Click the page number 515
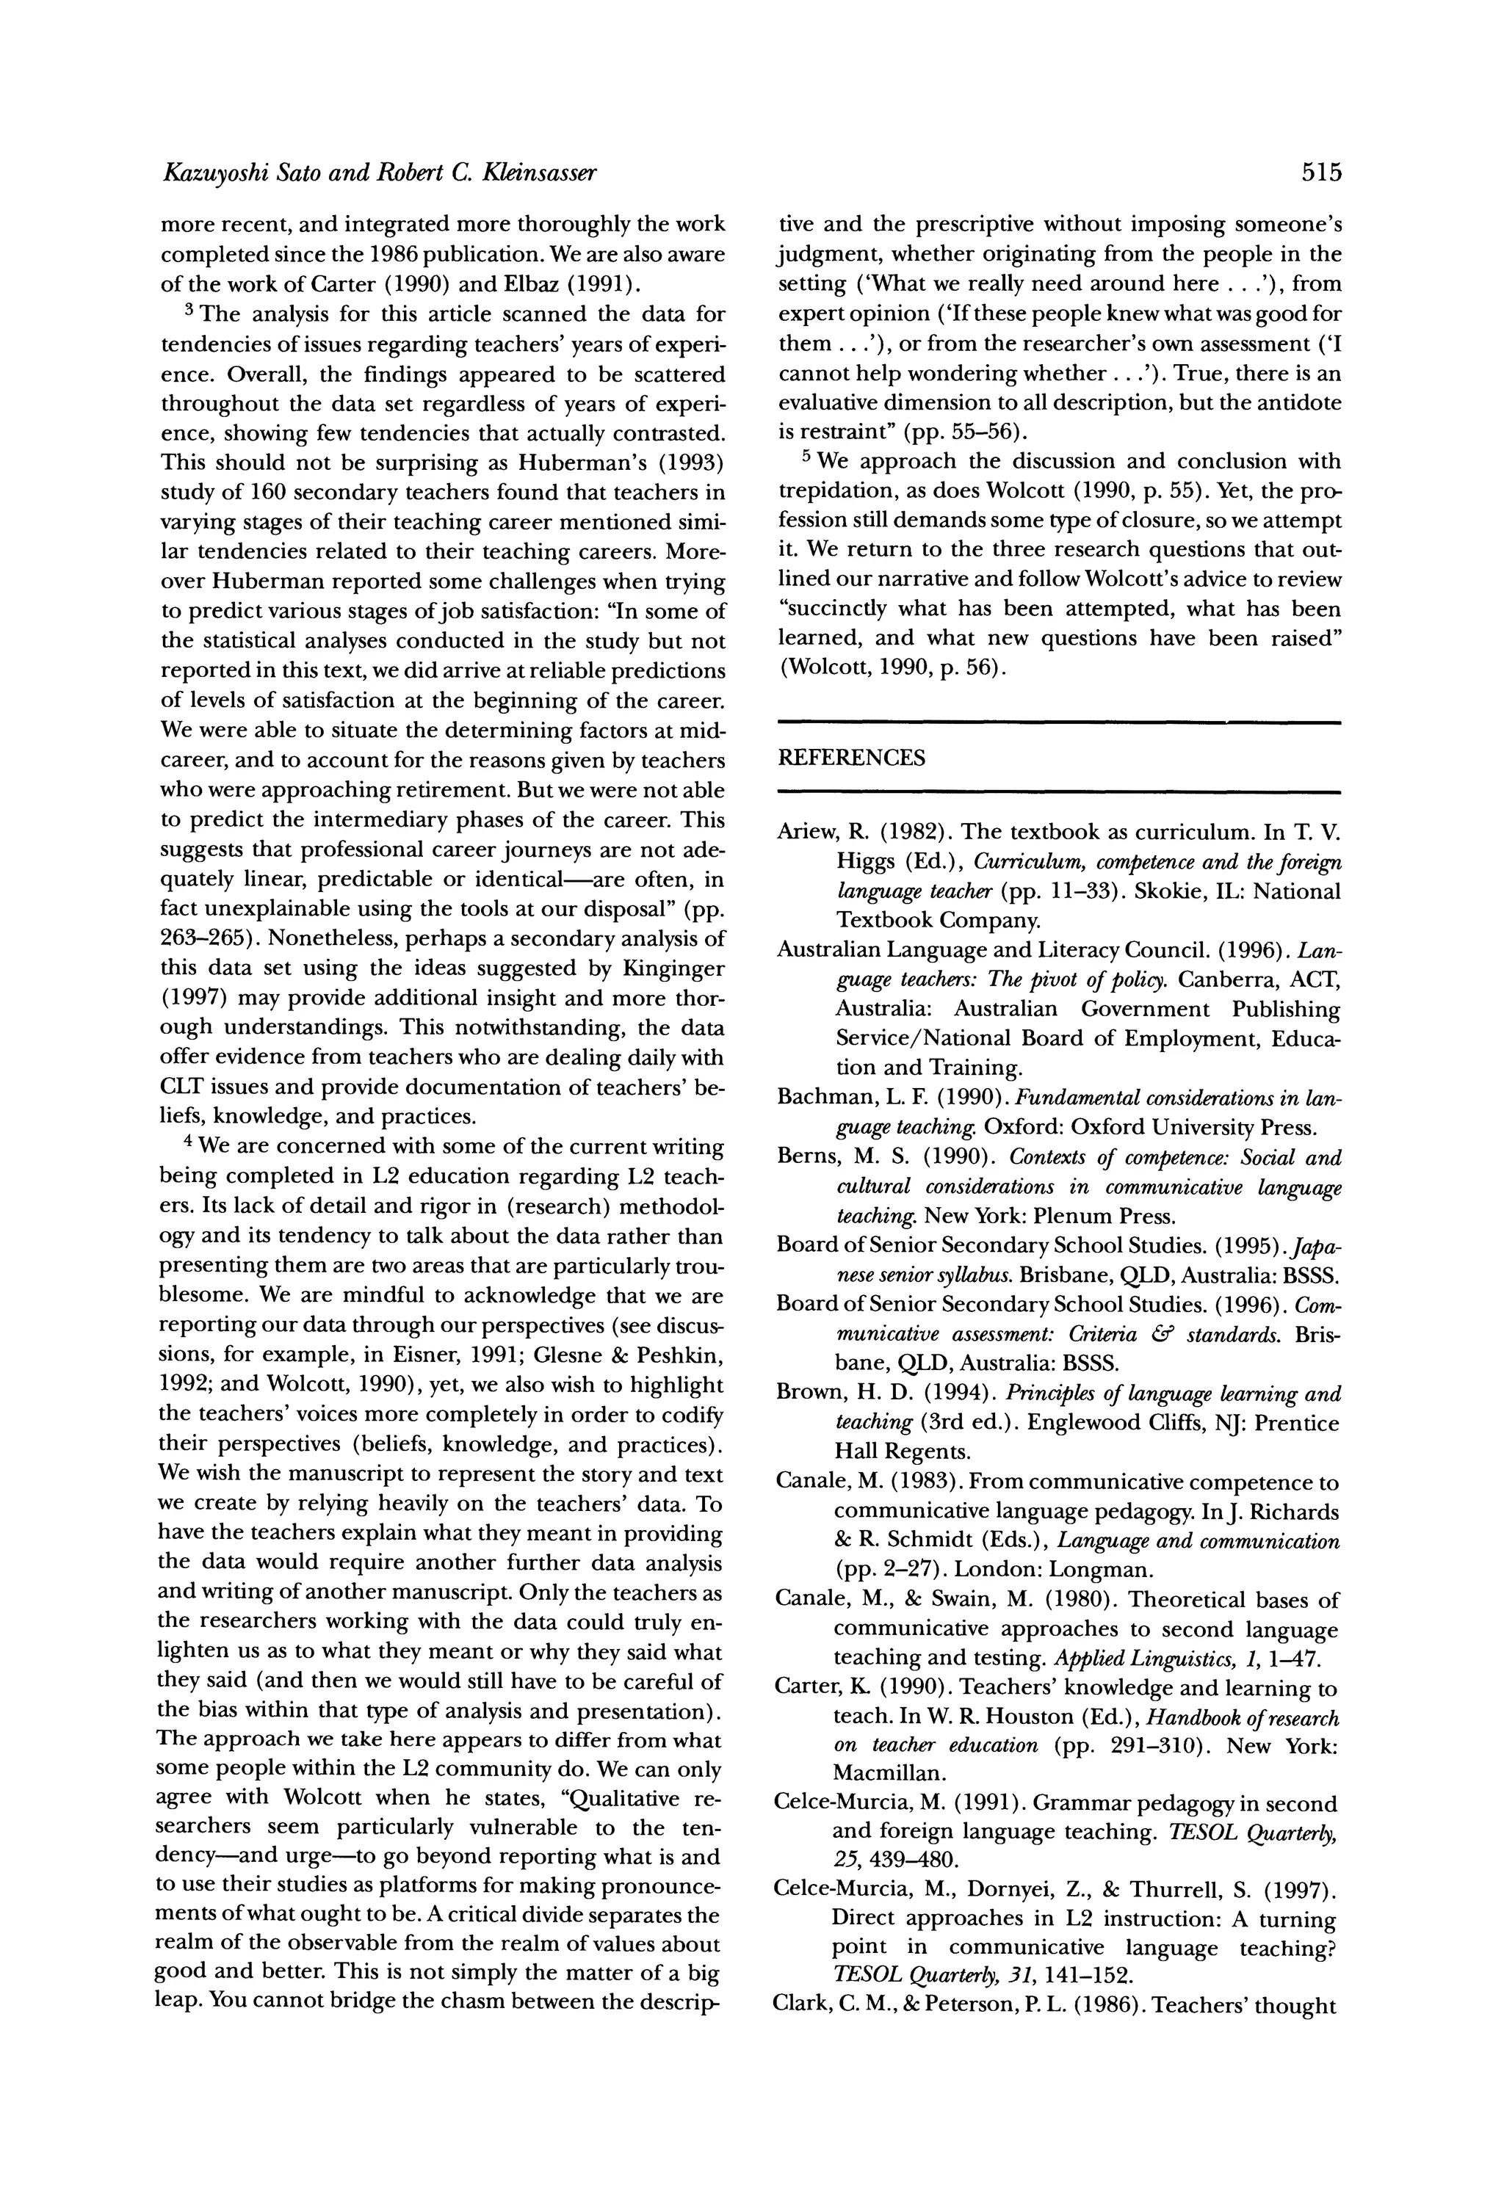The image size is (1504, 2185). (x=1319, y=173)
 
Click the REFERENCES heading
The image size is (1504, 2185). (x=851, y=758)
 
